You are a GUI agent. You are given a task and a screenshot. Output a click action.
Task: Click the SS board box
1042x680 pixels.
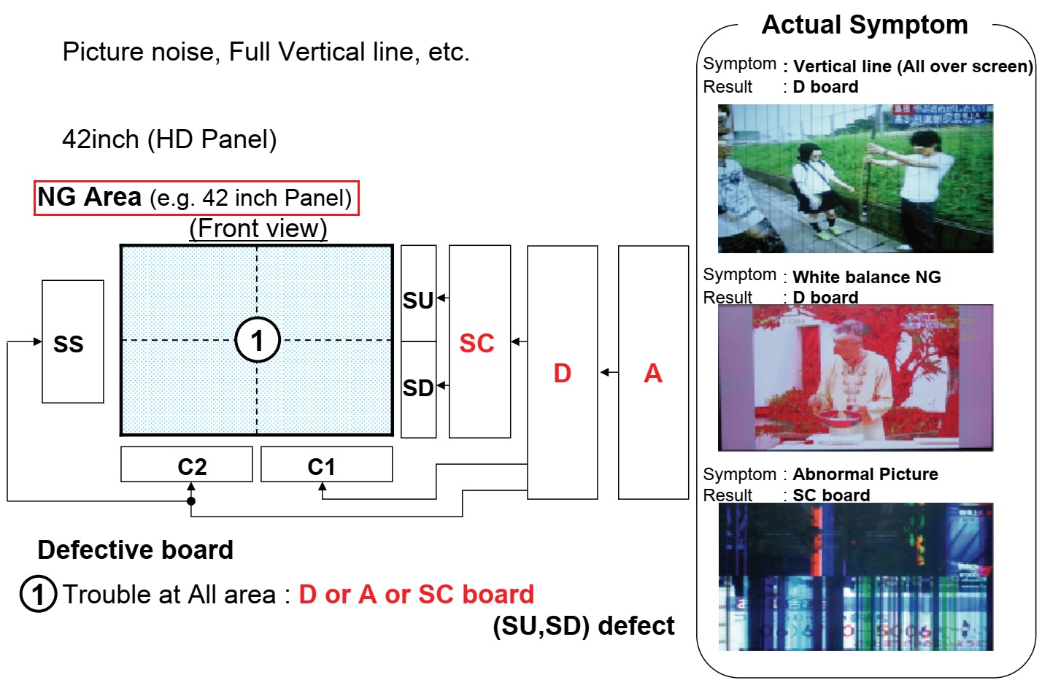72,342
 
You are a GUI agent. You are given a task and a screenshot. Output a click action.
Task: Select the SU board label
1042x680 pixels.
418,300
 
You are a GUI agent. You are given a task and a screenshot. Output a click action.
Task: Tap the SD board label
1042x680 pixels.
418,387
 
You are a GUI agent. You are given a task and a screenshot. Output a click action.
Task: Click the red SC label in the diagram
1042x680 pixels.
476,343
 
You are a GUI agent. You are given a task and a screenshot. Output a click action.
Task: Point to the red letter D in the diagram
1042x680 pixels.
562,373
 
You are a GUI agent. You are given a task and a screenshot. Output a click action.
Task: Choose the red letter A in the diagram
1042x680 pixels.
653,373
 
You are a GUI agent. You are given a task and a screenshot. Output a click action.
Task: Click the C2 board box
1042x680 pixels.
187,465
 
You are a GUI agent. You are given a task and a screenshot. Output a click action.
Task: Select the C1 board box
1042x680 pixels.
326,465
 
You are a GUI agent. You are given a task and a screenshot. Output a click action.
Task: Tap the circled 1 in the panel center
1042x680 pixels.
257,340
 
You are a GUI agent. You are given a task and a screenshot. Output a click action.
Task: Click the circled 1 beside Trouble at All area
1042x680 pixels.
38,594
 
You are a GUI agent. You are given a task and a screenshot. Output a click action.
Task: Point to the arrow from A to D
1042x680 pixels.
608,373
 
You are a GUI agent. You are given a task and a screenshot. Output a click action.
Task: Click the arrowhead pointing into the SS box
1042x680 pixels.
37,341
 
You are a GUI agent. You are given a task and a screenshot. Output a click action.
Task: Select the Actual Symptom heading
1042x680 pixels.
865,25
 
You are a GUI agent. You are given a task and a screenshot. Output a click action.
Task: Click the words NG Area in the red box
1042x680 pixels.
90,197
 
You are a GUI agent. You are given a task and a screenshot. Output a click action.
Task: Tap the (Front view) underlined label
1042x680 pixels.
258,228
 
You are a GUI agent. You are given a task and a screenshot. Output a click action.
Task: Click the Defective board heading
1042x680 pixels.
136,549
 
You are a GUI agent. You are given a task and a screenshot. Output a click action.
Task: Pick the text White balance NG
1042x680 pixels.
866,277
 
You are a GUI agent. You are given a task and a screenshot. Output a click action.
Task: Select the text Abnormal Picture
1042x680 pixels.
865,474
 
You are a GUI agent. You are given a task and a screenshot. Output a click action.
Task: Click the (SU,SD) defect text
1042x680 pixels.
584,625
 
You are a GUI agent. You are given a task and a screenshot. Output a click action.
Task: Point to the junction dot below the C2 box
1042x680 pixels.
191,501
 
